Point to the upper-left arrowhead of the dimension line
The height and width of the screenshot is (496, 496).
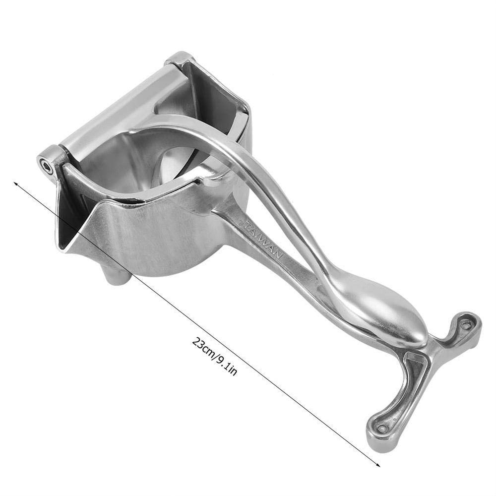tap(17, 184)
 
